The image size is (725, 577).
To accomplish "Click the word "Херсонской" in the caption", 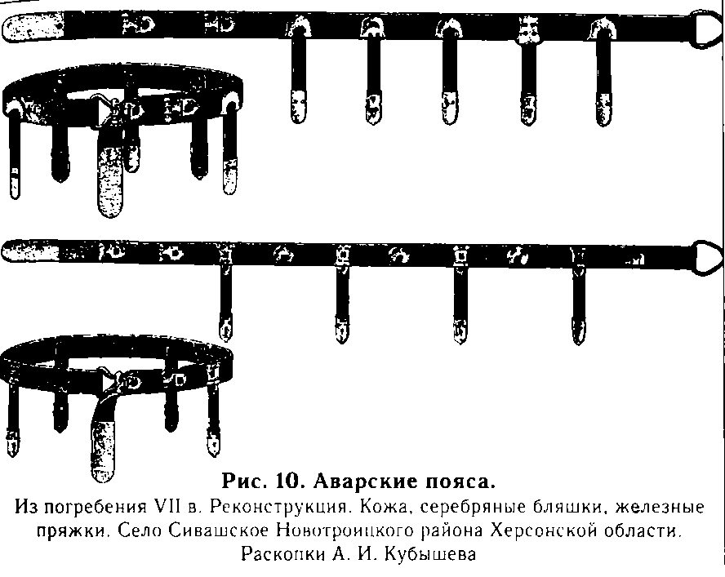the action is (540, 532).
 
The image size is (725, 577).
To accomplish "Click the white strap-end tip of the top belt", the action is (33, 29).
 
